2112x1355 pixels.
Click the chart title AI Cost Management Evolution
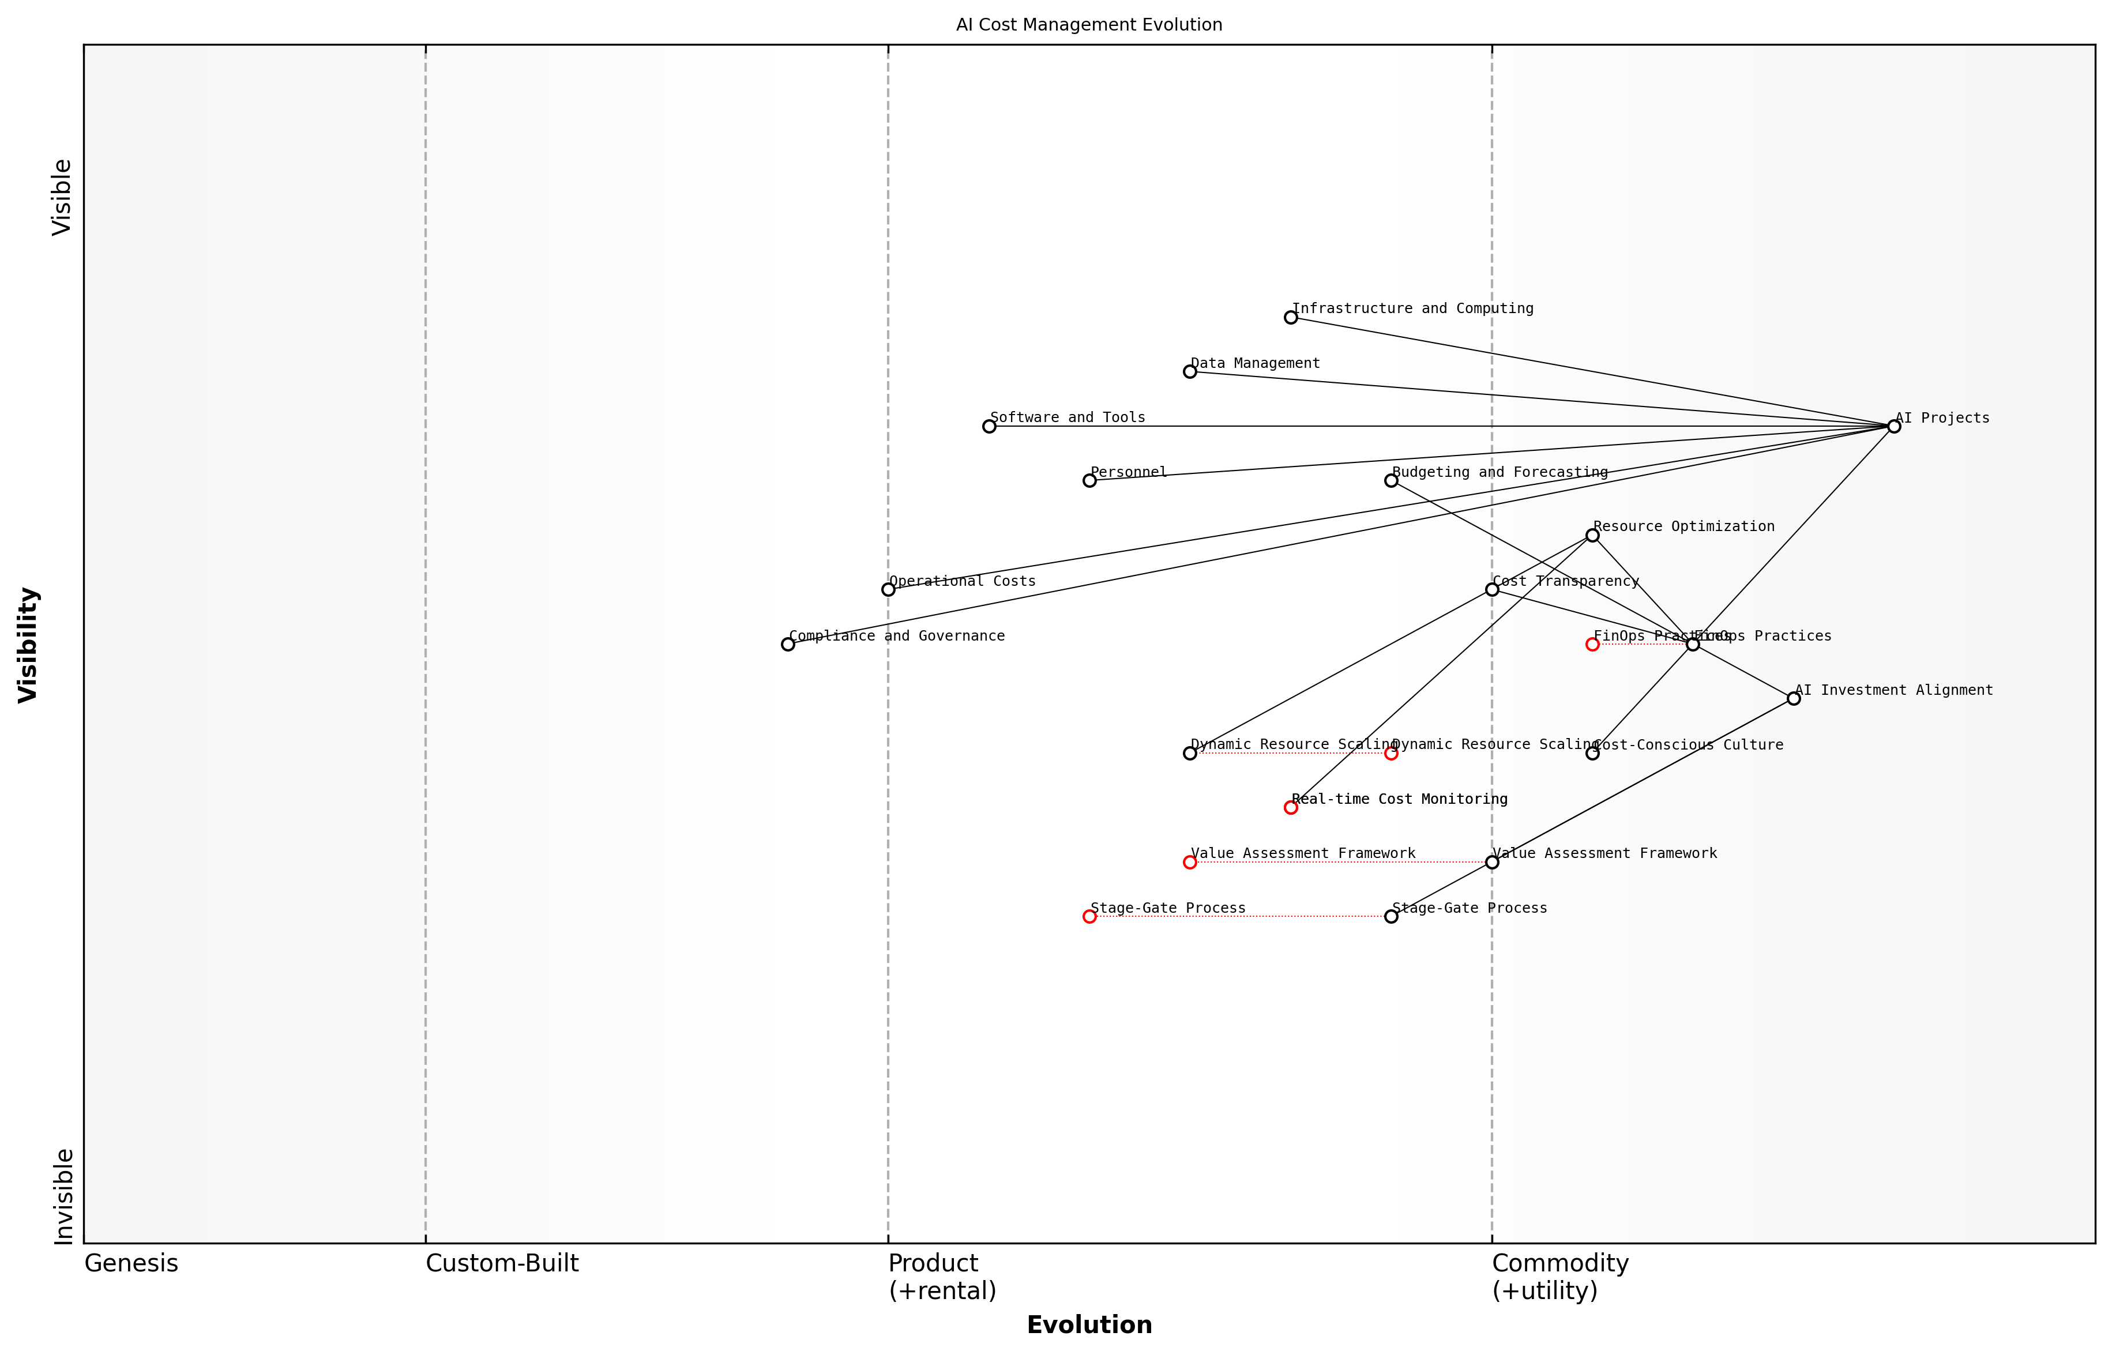point(1088,25)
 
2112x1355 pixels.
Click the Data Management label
point(1255,363)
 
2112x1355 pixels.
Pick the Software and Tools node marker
point(989,427)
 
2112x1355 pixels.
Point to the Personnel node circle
point(1089,480)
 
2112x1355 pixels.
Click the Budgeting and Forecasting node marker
point(1391,480)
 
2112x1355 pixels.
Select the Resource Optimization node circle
point(1592,535)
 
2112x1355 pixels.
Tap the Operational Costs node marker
point(888,589)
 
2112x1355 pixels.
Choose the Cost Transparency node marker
point(1491,589)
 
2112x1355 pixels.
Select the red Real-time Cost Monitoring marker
point(1290,808)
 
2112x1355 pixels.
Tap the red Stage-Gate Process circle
point(1089,917)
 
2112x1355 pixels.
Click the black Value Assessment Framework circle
point(1491,862)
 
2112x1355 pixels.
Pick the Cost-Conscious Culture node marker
point(1592,753)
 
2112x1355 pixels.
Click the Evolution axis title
point(1088,1325)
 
